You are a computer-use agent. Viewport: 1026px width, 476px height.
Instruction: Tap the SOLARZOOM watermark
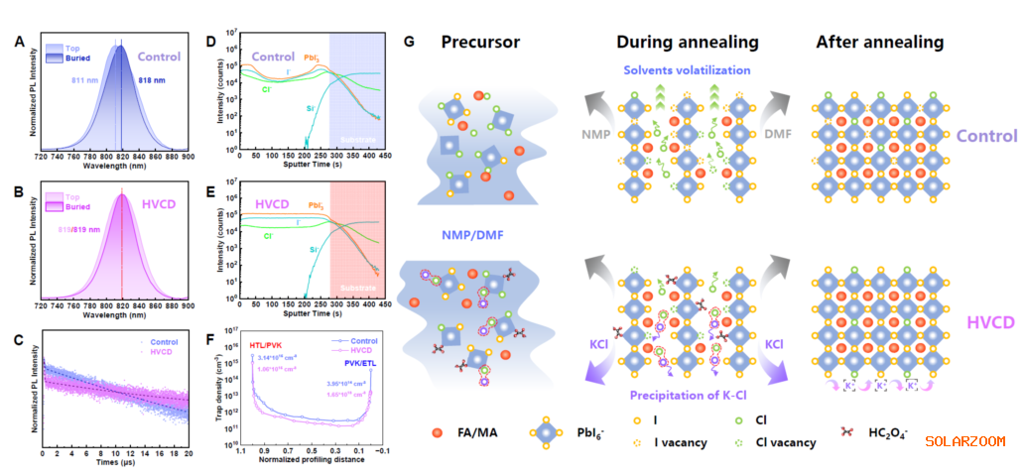[x=965, y=440]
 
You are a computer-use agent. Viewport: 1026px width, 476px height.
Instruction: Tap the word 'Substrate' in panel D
[x=355, y=141]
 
